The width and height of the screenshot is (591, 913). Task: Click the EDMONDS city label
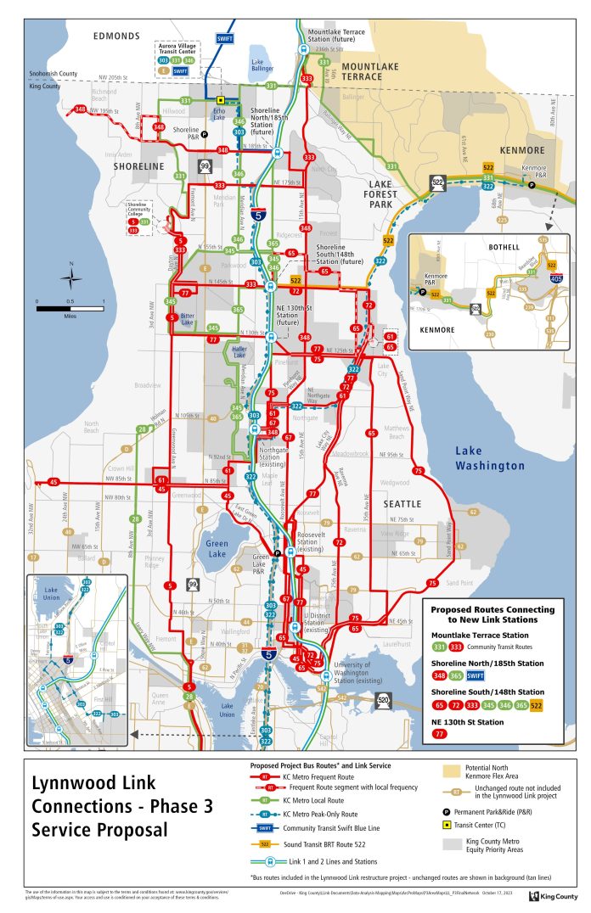(116, 36)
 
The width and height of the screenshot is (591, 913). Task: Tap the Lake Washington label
(489, 458)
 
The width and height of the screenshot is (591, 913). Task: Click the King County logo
(552, 895)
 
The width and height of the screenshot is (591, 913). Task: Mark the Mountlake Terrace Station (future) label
(343, 36)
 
